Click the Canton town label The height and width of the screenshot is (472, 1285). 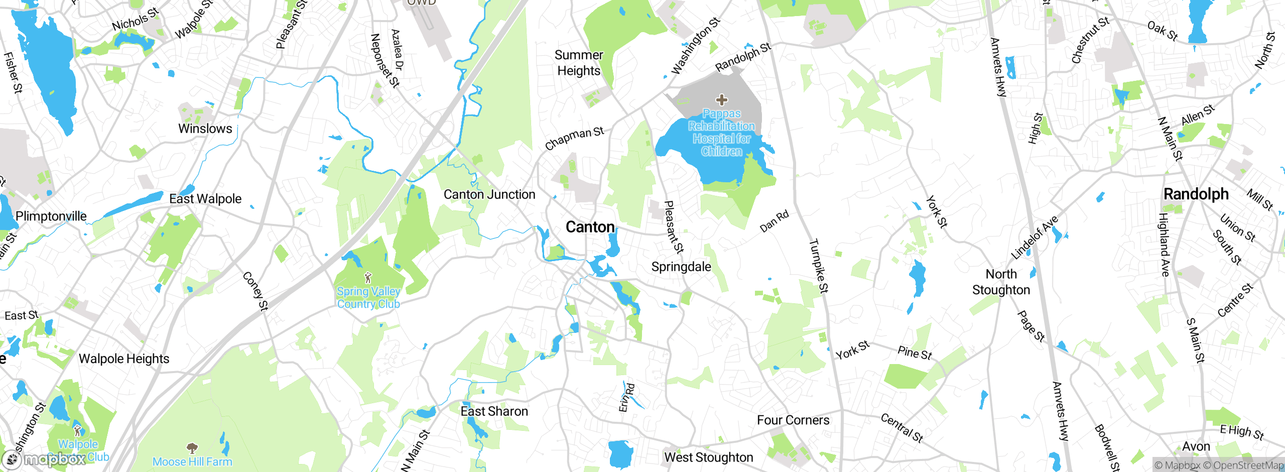pos(590,227)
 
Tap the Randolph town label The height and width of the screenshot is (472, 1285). pos(1196,194)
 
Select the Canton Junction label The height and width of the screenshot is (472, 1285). pos(489,194)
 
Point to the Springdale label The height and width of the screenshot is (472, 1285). pos(681,267)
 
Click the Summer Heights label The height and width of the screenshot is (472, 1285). pos(579,63)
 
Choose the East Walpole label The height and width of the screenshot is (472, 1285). pos(205,199)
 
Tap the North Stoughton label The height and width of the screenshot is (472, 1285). pos(1001,282)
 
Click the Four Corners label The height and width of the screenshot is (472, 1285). pos(793,420)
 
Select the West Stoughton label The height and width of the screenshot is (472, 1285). pos(709,457)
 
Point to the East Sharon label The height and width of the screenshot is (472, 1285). pos(494,411)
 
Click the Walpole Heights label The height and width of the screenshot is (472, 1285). pos(124,359)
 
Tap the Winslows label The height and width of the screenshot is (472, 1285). pos(205,129)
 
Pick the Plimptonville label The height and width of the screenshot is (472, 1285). pos(51,216)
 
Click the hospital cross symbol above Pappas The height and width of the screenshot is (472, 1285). pos(721,100)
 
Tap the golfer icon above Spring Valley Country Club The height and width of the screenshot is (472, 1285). pos(368,278)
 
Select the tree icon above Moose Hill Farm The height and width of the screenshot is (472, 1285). pos(192,447)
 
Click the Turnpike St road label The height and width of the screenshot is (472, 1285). pos(819,266)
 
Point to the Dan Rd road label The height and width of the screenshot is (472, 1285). pos(775,221)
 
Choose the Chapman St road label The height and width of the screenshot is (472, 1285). pos(574,139)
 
